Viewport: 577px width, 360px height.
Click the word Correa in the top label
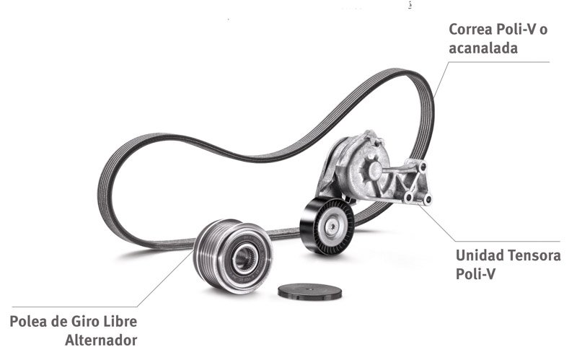[x=471, y=30]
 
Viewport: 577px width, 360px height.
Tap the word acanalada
[x=483, y=48]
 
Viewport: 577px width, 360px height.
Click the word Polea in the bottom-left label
[x=28, y=321]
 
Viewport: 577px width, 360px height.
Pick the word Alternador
[x=101, y=340]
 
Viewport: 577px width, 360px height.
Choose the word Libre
[x=120, y=321]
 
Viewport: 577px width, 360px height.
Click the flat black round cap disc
[x=310, y=291]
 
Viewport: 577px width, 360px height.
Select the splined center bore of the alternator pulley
[x=243, y=256]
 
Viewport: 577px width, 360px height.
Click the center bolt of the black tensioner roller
[x=332, y=225]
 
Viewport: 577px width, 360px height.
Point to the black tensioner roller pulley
[x=327, y=226]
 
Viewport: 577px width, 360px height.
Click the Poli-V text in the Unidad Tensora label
[x=476, y=274]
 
